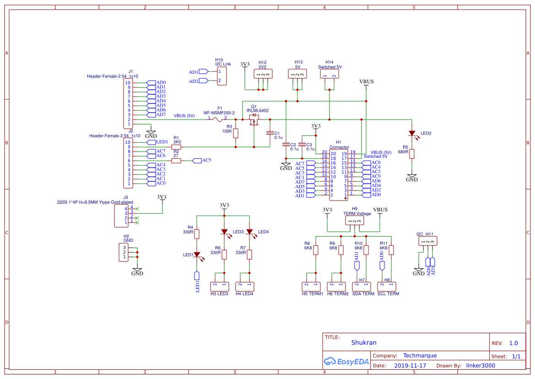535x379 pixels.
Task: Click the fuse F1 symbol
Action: [x=218, y=119]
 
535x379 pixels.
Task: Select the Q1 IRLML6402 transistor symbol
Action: [x=254, y=120]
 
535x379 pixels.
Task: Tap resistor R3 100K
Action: [x=236, y=133]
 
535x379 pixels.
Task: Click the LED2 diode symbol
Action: [x=412, y=134]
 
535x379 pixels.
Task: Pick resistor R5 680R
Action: [x=412, y=154]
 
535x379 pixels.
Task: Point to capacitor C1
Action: [x=270, y=133]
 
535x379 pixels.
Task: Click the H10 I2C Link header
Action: [x=222, y=76]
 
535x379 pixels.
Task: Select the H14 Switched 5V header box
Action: [x=330, y=74]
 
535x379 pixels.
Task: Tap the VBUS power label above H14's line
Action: [x=366, y=82]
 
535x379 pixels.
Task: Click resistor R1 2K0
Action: [x=176, y=147]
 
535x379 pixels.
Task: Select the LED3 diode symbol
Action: [x=224, y=232]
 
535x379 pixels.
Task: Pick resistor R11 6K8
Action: [x=391, y=250]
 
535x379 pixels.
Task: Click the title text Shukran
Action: [x=364, y=342]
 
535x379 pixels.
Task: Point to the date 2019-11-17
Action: [x=410, y=366]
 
